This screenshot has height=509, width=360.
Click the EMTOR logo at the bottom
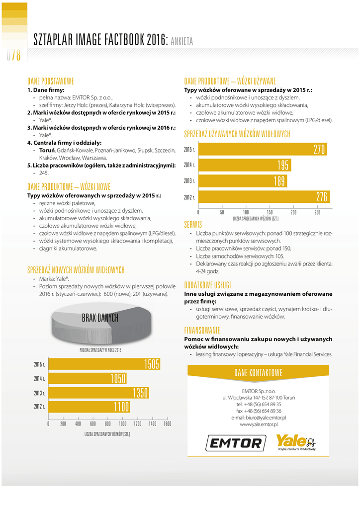[x=235, y=442]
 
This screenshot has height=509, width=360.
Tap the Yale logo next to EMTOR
[x=295, y=442]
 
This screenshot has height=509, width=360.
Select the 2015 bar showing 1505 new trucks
[x=104, y=364]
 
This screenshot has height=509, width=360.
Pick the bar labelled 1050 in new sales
[x=88, y=379]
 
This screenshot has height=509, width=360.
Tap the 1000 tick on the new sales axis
[x=123, y=424]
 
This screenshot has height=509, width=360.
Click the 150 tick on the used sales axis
[x=270, y=212]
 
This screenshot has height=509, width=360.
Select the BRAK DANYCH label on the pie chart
[x=100, y=317]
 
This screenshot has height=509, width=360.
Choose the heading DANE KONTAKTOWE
[x=258, y=373]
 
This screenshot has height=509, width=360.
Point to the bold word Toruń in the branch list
[x=47, y=150]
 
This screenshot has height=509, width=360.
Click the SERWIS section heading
[x=193, y=223]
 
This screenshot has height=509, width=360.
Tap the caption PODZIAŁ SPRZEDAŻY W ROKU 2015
[x=100, y=350]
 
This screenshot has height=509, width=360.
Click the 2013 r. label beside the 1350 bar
[x=40, y=393]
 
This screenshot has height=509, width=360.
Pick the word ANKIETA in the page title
[x=181, y=41]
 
